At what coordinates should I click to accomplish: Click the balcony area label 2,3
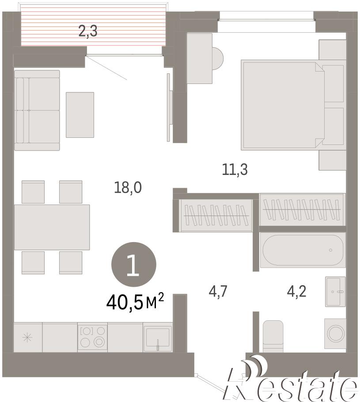click(88, 31)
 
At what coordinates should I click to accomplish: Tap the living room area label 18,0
click(128, 187)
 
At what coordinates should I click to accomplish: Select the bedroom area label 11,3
click(235, 170)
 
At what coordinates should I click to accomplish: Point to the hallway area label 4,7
click(218, 292)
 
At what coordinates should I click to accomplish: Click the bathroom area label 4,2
click(296, 292)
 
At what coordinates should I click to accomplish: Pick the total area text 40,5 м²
click(135, 301)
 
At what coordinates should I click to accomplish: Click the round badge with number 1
click(133, 264)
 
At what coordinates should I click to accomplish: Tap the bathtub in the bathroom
click(303, 250)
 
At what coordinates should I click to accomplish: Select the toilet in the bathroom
click(273, 336)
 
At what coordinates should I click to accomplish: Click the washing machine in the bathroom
click(335, 334)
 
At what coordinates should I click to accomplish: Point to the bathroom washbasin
click(335, 292)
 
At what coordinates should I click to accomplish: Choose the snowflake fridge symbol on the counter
click(27, 338)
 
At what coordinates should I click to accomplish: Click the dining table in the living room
click(52, 227)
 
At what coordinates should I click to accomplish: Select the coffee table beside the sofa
click(80, 115)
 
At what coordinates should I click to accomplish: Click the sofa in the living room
click(37, 110)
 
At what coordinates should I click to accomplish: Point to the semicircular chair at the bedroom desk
click(218, 58)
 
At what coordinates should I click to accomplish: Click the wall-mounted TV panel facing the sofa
click(169, 107)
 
